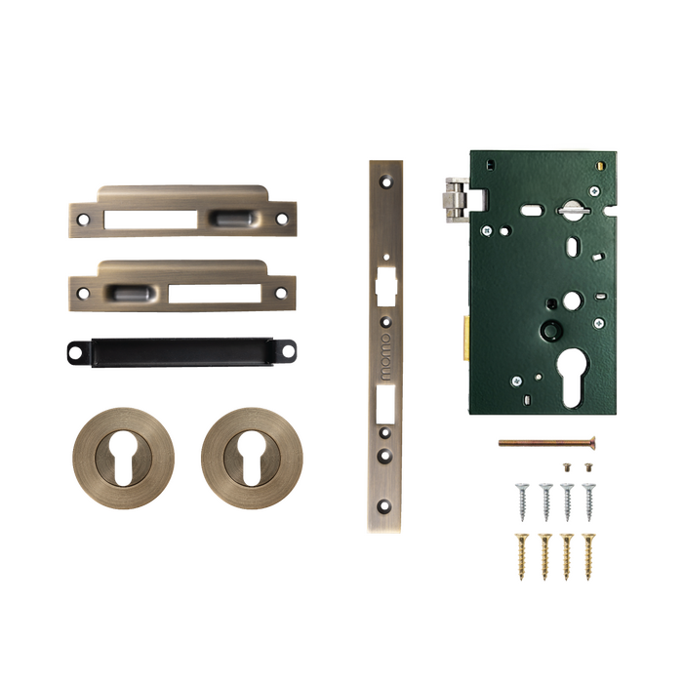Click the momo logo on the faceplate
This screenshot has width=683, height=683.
(386, 357)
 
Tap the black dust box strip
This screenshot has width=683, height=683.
(181, 352)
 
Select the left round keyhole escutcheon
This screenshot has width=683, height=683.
(124, 459)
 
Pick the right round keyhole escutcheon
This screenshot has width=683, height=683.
(252, 459)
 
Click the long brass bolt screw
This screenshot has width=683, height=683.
(547, 443)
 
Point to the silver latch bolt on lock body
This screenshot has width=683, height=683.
(456, 199)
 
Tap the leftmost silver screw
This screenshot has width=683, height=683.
(522, 502)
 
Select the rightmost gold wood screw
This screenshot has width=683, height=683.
(588, 556)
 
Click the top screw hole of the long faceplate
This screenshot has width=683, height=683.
(386, 181)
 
